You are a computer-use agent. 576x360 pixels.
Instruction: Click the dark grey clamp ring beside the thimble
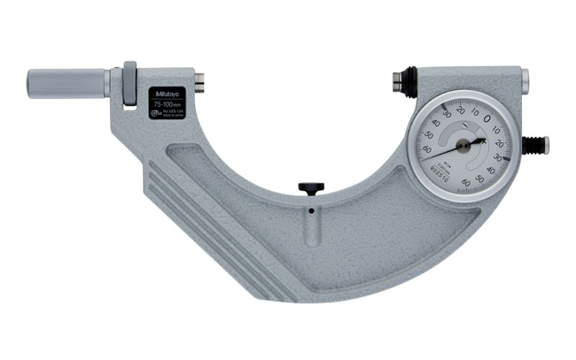[x=130, y=84]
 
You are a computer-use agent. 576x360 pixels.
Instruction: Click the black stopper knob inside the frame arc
[x=311, y=188]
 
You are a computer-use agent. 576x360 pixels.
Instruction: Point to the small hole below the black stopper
[x=311, y=212]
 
